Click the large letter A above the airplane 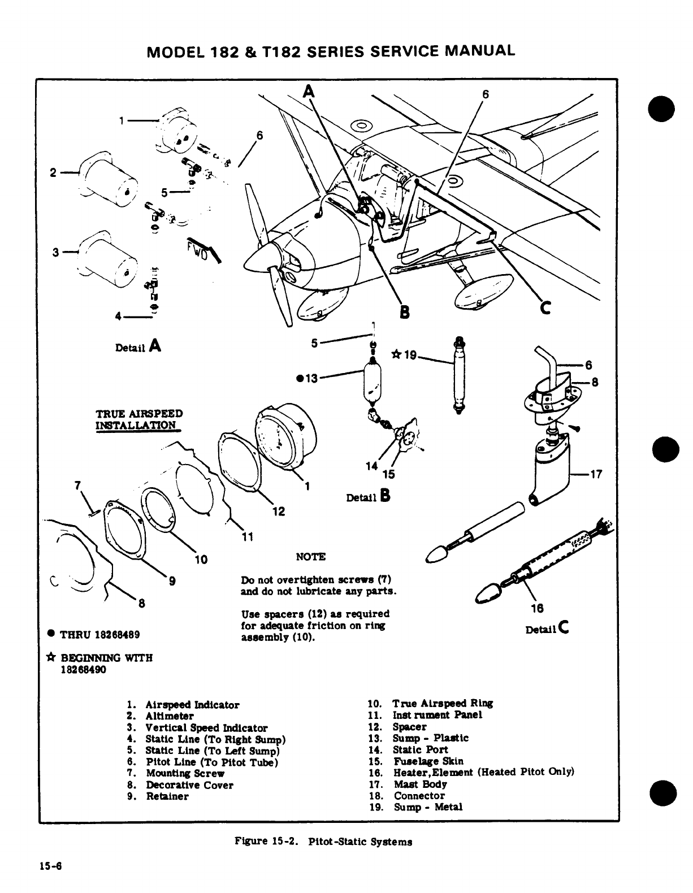coord(308,92)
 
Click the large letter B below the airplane coord(405,311)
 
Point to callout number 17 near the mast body coord(596,475)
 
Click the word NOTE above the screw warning coord(310,557)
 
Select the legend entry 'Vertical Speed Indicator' coord(206,728)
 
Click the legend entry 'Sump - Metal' coord(427,807)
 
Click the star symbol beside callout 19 coord(396,355)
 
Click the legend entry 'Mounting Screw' coord(178,773)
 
